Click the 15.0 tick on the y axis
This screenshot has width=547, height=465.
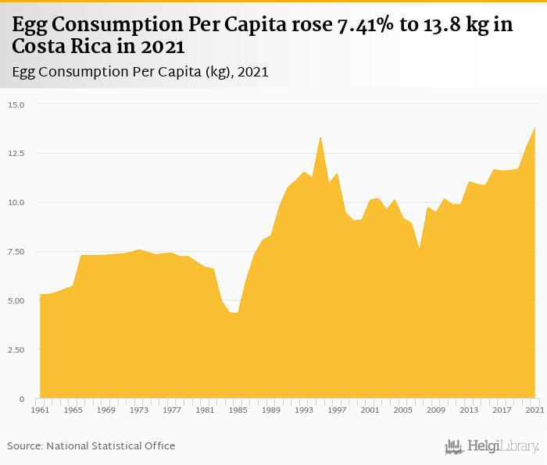pyautogui.click(x=16, y=105)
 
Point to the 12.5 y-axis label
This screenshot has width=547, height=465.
pyautogui.click(x=16, y=154)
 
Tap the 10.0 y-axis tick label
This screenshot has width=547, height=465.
pyautogui.click(x=16, y=203)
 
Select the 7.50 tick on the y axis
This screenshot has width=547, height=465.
pyautogui.click(x=16, y=252)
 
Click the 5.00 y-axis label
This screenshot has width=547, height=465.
pyautogui.click(x=16, y=301)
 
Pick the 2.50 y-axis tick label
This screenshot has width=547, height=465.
pyautogui.click(x=16, y=350)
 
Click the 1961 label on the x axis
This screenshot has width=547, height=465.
pyautogui.click(x=40, y=410)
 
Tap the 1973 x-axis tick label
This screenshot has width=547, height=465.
pyautogui.click(x=138, y=410)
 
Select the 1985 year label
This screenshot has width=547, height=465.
pyautogui.click(x=238, y=410)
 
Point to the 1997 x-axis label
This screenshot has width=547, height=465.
pyautogui.click(x=337, y=410)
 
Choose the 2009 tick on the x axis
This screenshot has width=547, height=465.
pyautogui.click(x=436, y=410)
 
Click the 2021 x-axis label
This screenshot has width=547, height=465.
pyautogui.click(x=534, y=410)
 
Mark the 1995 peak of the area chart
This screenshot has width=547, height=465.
pyautogui.click(x=320, y=137)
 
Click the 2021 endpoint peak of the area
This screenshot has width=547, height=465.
pyautogui.click(x=534, y=128)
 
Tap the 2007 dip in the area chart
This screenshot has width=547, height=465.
pyautogui.click(x=420, y=250)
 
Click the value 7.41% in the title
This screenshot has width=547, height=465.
pyautogui.click(x=364, y=25)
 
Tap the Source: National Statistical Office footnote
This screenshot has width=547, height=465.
pyautogui.click(x=91, y=445)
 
